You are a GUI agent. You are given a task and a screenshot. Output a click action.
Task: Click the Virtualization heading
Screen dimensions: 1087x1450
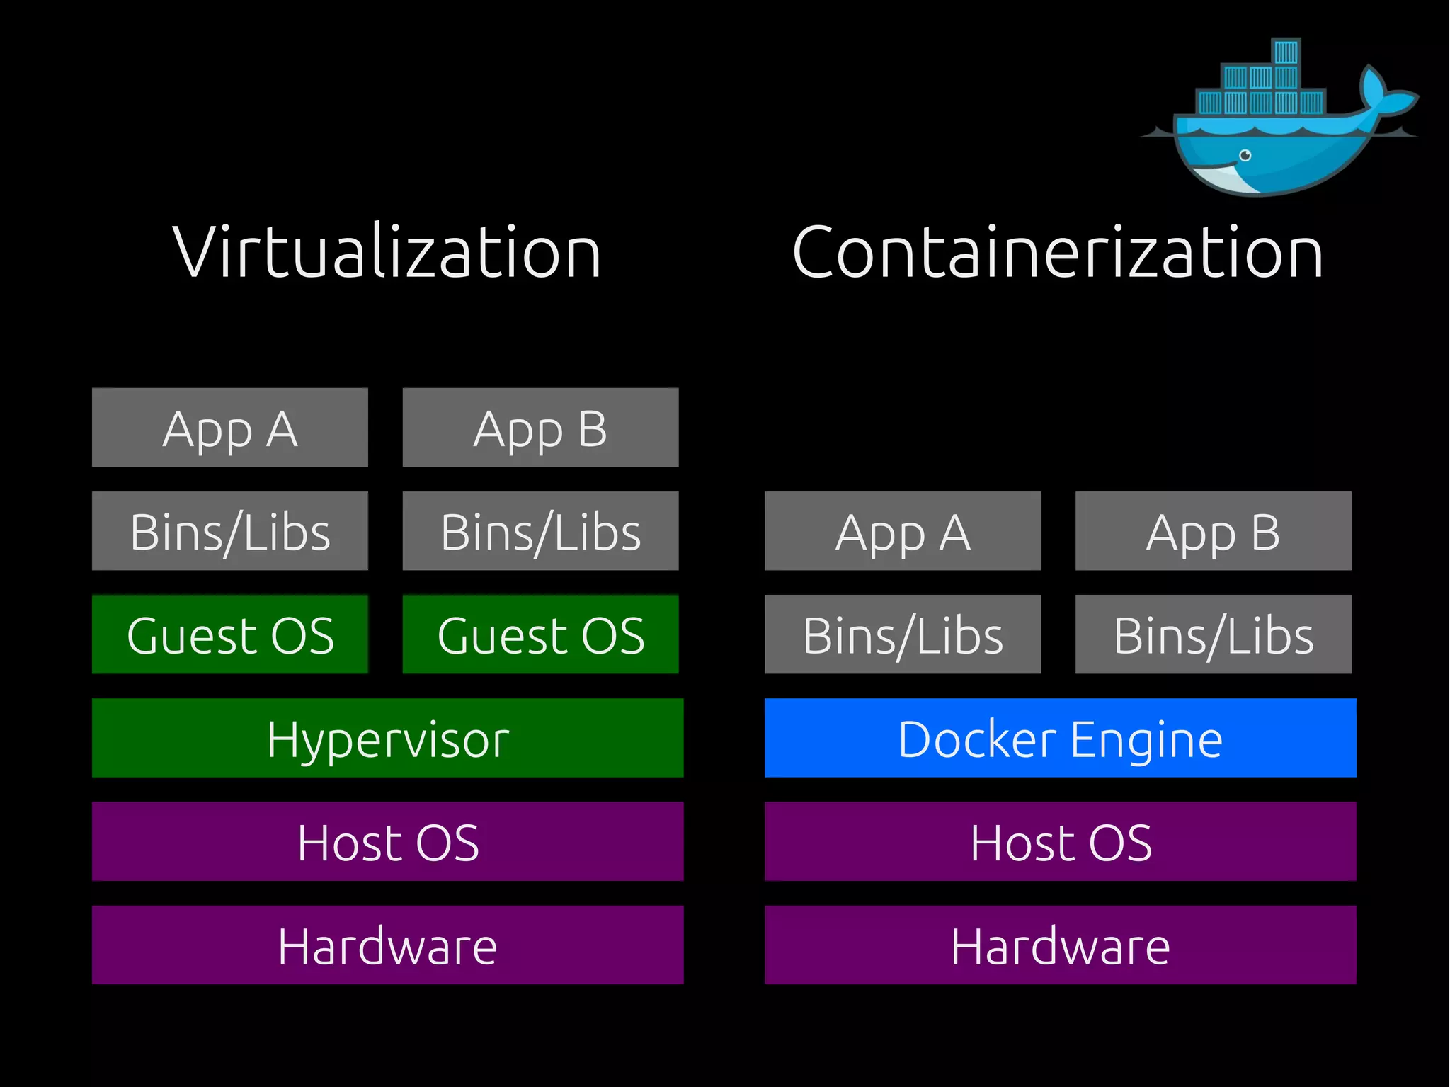click(x=387, y=252)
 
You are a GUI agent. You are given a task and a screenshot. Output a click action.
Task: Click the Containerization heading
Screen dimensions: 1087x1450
click(x=1058, y=252)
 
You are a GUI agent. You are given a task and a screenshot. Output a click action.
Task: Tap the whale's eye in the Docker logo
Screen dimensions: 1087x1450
click(x=1245, y=155)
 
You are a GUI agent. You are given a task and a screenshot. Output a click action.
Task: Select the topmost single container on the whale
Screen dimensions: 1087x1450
click(x=1286, y=52)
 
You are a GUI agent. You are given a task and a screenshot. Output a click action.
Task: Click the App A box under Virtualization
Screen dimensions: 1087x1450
click(x=229, y=427)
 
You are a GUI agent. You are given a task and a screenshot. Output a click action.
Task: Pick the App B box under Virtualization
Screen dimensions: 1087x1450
click(x=540, y=427)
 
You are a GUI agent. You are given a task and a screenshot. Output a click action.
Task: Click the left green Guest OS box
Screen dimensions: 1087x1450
click(x=229, y=634)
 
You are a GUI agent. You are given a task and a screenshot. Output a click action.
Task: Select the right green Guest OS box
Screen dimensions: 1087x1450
click(x=540, y=634)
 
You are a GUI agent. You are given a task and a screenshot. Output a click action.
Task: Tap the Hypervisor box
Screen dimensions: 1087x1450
click(x=387, y=738)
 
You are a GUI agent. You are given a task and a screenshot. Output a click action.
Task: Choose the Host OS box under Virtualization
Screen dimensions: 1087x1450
click(x=387, y=841)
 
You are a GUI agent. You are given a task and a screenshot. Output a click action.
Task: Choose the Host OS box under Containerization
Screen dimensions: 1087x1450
click(x=1060, y=841)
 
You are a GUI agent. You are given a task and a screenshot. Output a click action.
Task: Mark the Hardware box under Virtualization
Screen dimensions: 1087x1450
click(x=387, y=945)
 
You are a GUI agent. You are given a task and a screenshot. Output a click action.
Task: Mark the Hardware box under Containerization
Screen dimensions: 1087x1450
click(x=1060, y=945)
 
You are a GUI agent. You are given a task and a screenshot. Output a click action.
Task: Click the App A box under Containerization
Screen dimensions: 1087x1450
click(x=903, y=530)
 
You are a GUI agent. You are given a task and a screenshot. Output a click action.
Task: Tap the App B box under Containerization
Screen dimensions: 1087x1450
click(x=1213, y=530)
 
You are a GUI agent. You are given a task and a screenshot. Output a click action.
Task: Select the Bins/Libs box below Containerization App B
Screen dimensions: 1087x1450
click(x=1213, y=634)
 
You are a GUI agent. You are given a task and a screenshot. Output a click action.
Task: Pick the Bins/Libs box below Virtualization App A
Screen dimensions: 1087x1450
click(x=229, y=530)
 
